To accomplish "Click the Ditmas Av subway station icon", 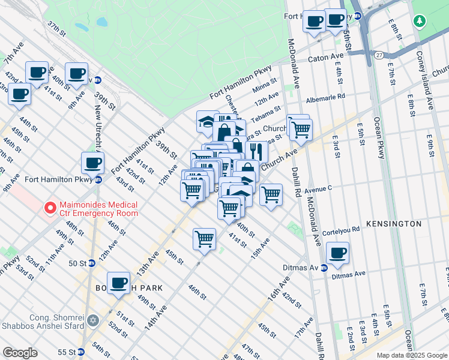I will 324,268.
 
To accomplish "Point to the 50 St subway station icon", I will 91,263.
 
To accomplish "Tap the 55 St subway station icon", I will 80,351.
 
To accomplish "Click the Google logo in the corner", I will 20,353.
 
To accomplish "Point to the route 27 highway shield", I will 379,55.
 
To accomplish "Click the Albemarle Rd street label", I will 326,96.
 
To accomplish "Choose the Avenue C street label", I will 318,189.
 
